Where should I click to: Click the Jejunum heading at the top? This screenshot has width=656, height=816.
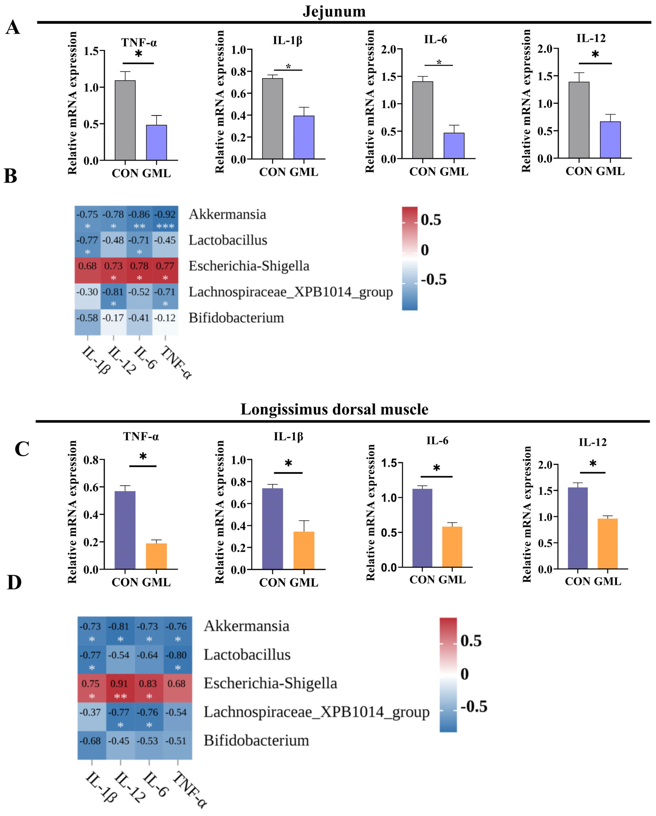pos(334,11)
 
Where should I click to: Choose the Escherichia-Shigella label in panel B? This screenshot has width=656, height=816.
pos(249,266)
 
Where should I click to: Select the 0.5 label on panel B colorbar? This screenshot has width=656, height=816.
pos(431,220)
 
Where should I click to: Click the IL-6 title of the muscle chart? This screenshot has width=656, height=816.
pos(437,441)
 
